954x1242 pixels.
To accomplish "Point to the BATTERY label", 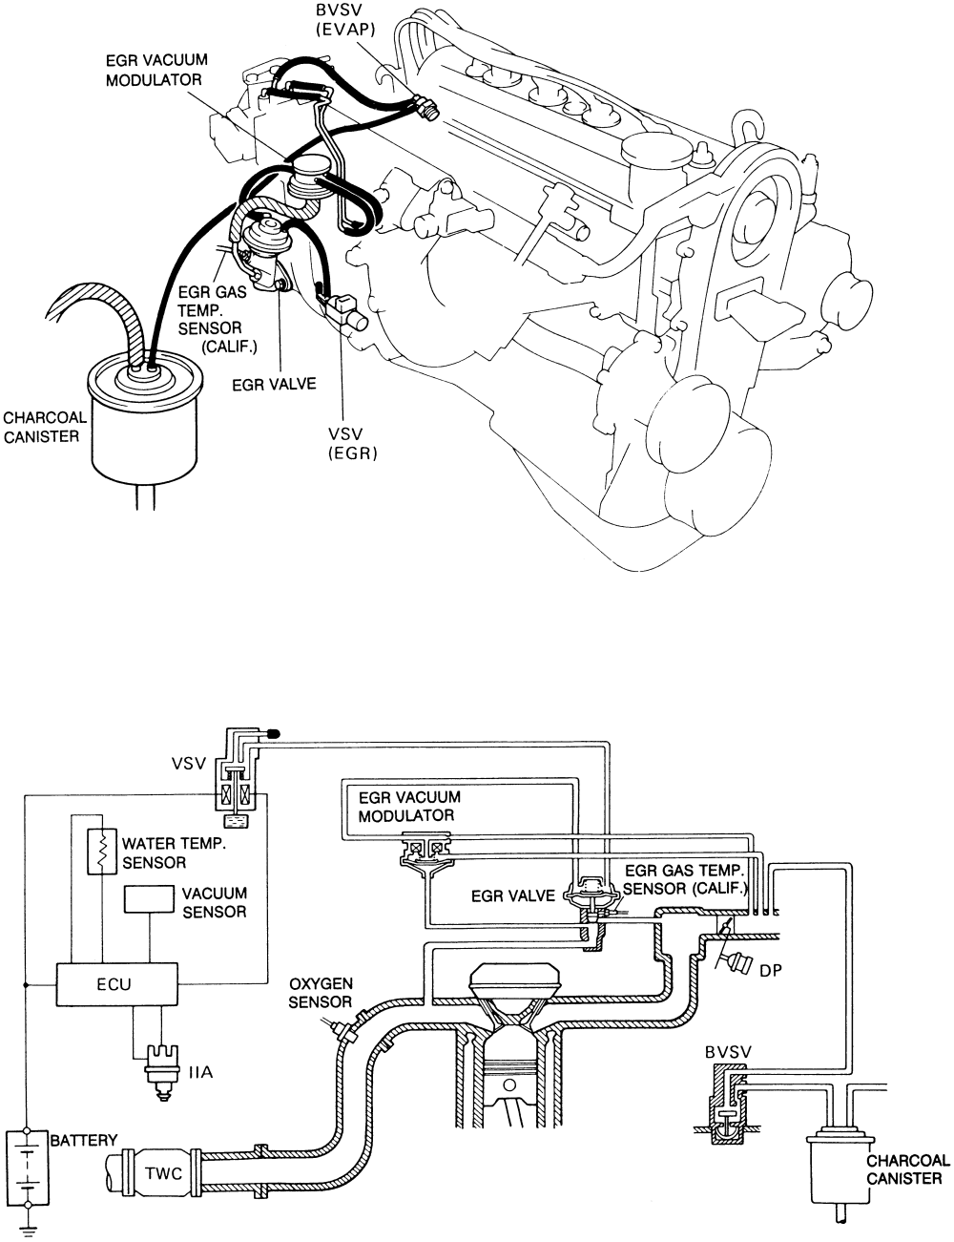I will (x=84, y=1141).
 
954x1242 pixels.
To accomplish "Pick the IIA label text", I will (x=199, y=1072).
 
